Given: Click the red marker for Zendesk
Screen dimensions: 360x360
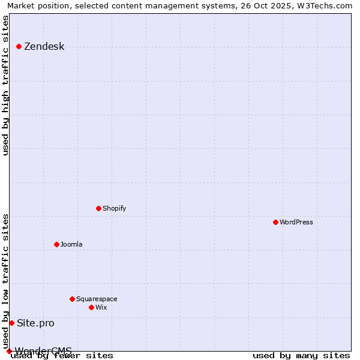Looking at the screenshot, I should tap(19, 46).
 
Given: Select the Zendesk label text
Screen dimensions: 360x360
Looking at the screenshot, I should tap(44, 47).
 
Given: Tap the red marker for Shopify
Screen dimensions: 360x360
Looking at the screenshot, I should tap(98, 208).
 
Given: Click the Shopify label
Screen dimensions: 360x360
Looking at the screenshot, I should tap(114, 209).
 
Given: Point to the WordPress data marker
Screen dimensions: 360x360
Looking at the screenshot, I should tap(275, 222).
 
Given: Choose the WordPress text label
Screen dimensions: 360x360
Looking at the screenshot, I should tap(296, 223).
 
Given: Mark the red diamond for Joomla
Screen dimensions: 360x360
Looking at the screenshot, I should tap(56, 244).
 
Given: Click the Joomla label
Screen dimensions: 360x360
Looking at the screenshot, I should tap(71, 245).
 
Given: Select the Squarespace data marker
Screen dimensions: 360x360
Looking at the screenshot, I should tap(72, 299).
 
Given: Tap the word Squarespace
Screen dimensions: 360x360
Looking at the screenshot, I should tap(97, 299).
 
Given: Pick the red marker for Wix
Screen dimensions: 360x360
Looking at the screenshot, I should tap(91, 307).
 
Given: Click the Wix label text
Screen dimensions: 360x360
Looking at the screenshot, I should tap(101, 308).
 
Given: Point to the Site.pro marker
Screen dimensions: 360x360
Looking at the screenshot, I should tap(11, 323).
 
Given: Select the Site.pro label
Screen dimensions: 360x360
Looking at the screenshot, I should tap(35, 323).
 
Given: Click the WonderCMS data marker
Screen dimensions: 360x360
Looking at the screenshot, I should tap(9, 351).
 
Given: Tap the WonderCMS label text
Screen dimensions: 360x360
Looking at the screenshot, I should tap(43, 351).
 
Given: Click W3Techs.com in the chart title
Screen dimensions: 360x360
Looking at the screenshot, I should tap(324, 6).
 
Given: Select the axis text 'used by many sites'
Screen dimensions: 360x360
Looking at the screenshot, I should tap(301, 356).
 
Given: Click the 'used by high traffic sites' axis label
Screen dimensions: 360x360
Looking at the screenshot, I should tap(6, 85).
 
